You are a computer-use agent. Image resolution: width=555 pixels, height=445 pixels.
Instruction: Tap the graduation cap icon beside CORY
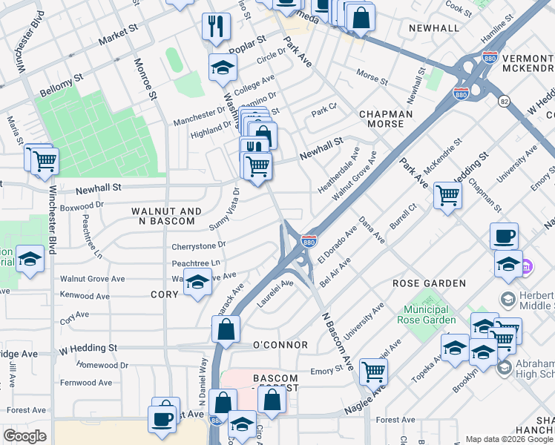point(197,283)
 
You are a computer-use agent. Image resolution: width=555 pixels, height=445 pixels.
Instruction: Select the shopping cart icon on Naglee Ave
point(372,370)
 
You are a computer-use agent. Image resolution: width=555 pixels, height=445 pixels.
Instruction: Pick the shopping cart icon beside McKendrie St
point(447,196)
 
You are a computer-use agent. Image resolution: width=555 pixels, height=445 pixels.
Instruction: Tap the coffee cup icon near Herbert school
point(504,236)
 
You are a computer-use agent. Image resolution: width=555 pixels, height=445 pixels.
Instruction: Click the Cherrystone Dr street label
point(198,244)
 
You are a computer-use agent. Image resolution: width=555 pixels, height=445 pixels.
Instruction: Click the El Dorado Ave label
point(338,244)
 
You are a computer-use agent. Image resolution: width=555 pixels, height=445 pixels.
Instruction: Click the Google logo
point(25,436)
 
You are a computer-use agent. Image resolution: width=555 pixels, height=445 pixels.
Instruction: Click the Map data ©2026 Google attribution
point(509,439)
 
